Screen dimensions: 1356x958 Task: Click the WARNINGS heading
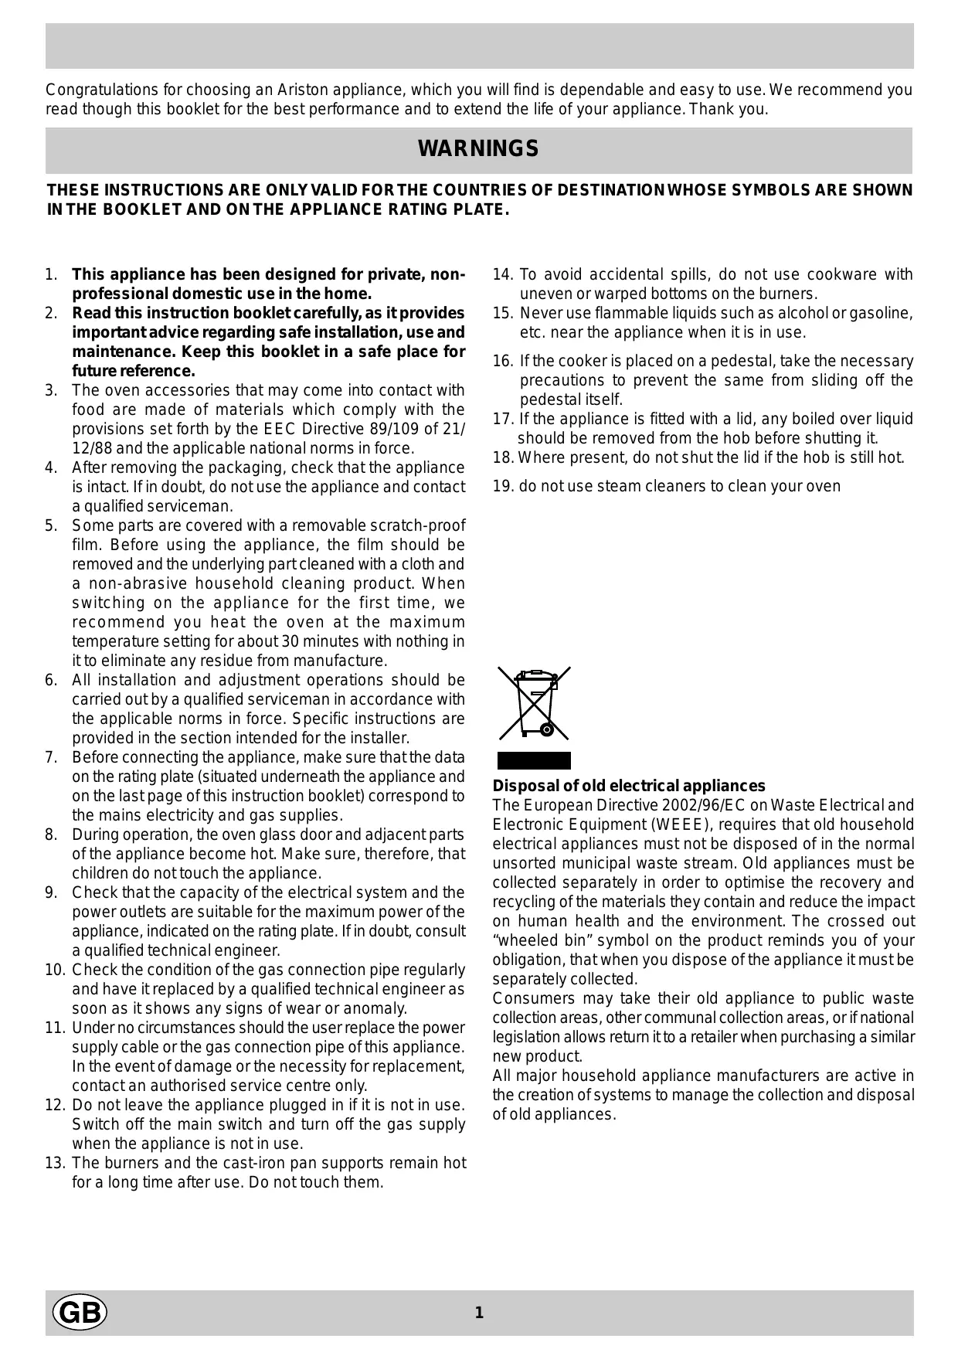(x=478, y=149)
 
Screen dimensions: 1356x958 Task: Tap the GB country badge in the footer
(x=79, y=1313)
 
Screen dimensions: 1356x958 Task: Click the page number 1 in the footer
(x=479, y=1313)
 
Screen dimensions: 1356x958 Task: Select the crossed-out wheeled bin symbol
(x=534, y=704)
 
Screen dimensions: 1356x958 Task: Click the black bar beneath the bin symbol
(x=533, y=760)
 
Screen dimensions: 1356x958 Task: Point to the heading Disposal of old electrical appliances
(x=629, y=786)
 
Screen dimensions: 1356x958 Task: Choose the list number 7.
(x=51, y=757)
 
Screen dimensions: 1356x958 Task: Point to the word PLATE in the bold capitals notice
(x=481, y=209)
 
